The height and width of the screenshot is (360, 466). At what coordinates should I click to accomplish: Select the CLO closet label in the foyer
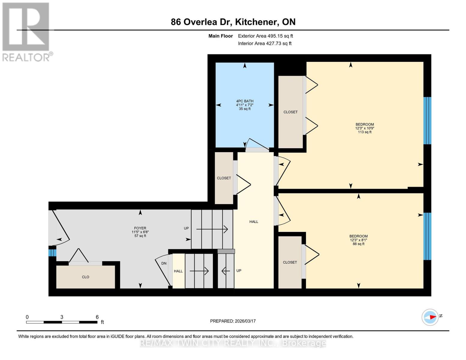[86, 277]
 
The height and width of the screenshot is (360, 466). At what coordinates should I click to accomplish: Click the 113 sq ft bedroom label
[365, 128]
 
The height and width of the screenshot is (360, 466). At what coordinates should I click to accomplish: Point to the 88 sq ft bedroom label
[358, 240]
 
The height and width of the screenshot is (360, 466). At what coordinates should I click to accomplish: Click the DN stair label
[164, 263]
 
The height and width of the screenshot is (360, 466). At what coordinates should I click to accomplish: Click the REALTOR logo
[26, 32]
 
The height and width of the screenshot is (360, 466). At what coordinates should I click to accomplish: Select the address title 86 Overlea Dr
[233, 22]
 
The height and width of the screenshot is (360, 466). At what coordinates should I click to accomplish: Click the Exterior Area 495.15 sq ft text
[265, 36]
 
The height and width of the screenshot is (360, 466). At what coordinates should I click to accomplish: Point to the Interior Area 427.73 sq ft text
[265, 43]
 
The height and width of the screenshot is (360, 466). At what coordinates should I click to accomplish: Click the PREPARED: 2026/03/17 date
[233, 321]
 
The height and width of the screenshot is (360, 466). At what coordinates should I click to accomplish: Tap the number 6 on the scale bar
[97, 317]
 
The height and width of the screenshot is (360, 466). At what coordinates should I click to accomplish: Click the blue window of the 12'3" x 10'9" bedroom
[427, 121]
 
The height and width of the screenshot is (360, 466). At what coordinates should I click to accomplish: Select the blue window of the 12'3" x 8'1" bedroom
[427, 236]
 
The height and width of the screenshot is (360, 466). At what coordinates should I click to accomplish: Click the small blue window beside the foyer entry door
[52, 253]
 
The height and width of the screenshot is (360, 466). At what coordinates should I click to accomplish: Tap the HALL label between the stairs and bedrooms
[254, 222]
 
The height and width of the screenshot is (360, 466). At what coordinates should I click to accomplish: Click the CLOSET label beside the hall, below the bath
[224, 178]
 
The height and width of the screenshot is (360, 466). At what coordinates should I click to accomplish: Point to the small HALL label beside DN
[178, 271]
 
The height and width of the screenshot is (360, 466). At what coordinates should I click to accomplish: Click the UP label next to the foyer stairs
[186, 228]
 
